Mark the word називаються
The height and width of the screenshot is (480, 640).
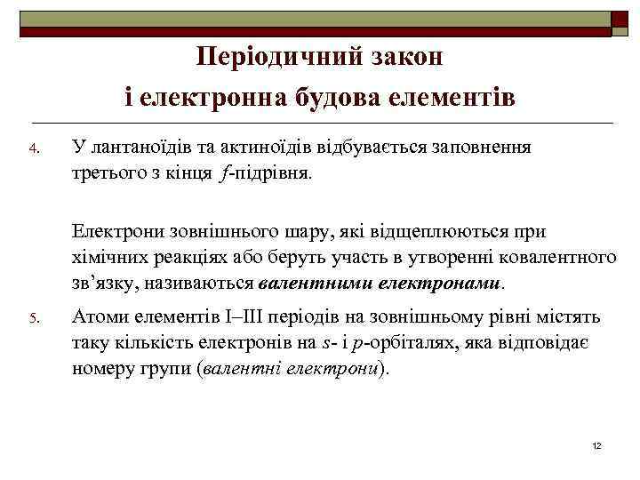pos(211,284)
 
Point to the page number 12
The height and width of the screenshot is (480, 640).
pos(596,444)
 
